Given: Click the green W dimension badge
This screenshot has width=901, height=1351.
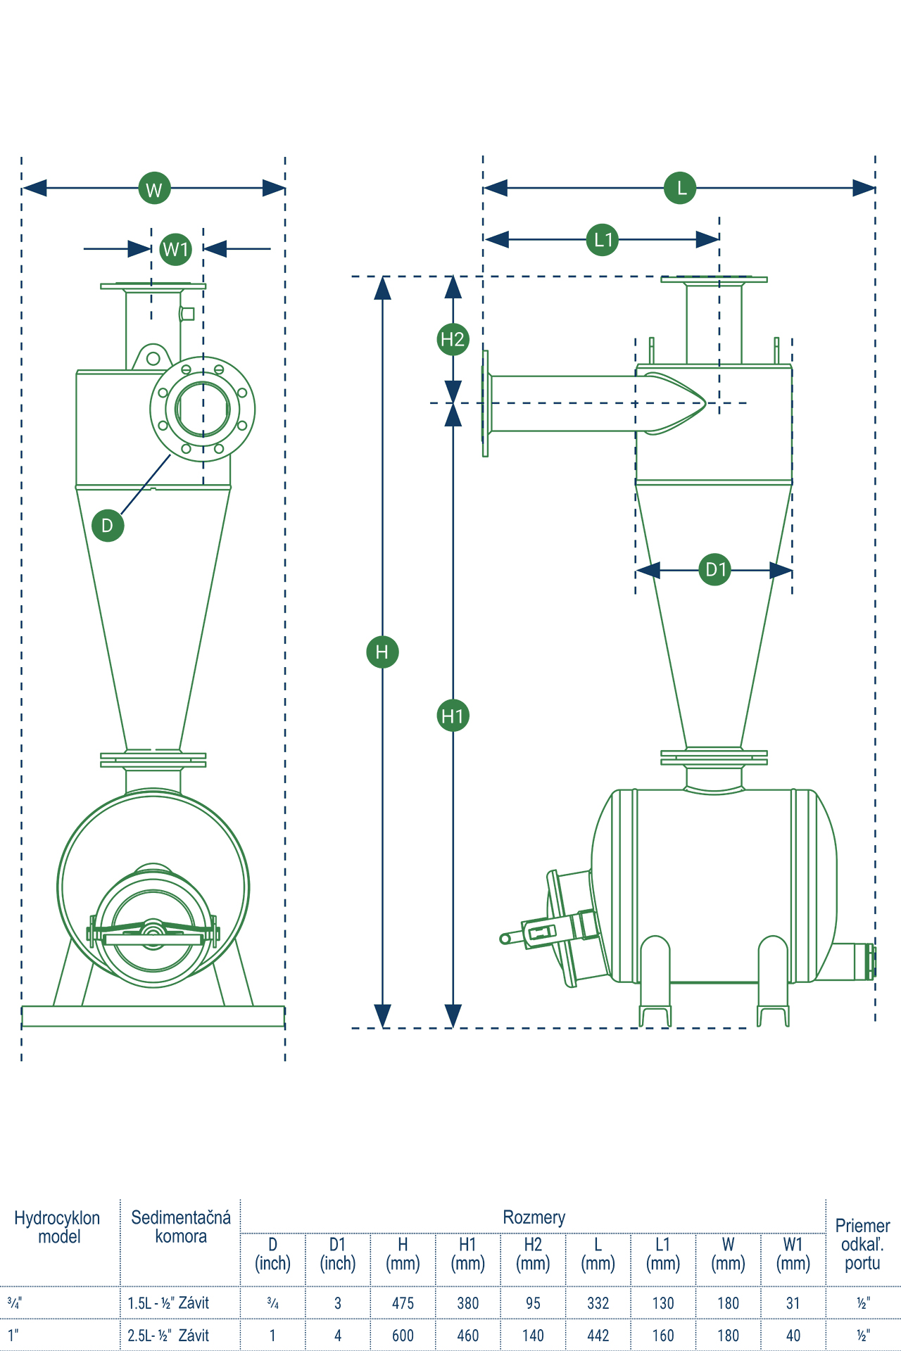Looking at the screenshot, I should click(x=154, y=188).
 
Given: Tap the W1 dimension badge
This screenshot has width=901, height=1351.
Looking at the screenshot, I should click(x=176, y=249).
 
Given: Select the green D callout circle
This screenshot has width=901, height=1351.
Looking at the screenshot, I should click(x=108, y=525).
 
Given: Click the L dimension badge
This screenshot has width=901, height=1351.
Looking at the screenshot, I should click(x=680, y=188).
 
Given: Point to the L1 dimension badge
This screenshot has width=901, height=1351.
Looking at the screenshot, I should click(x=603, y=240).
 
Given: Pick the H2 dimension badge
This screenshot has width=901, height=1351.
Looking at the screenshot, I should click(x=453, y=339).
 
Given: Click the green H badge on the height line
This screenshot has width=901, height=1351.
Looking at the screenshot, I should click(x=382, y=652).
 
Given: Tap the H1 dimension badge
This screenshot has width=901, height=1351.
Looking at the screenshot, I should click(x=453, y=716).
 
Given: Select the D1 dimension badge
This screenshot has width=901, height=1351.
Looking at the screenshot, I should click(x=715, y=569).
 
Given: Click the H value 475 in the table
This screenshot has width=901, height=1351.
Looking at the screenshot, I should click(x=403, y=1303).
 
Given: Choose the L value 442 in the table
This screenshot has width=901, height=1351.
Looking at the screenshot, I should click(x=598, y=1336).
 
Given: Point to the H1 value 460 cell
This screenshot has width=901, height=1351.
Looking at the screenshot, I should click(x=468, y=1336).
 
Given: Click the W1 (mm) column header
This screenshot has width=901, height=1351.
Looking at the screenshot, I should click(x=793, y=1254).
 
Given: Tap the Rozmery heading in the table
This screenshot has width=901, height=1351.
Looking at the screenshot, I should click(x=534, y=1217).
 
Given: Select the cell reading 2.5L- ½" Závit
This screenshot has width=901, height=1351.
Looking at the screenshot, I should click(x=169, y=1336).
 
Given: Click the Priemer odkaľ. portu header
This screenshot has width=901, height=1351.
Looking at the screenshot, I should click(x=863, y=1244).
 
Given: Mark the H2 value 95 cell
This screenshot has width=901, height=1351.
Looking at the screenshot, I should click(x=533, y=1303).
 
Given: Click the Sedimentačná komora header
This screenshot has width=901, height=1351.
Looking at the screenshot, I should click(x=181, y=1226).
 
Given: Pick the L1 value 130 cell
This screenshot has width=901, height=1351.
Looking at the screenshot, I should click(x=663, y=1303).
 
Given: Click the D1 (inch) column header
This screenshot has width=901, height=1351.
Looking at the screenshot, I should click(x=338, y=1254).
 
